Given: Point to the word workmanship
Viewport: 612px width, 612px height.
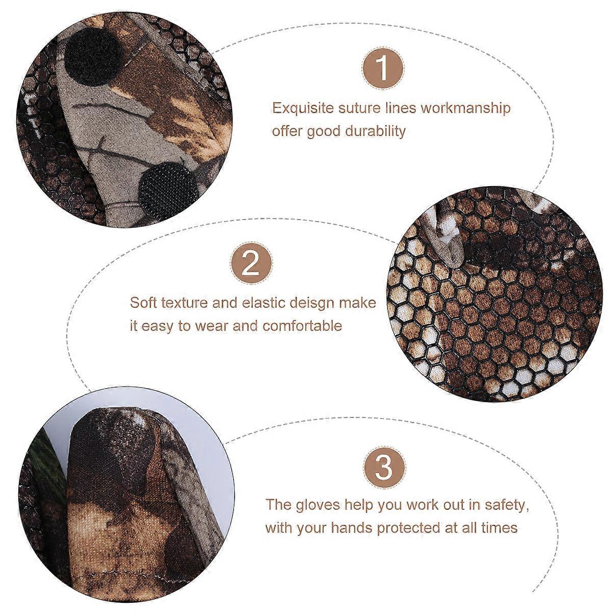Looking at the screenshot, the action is (x=466, y=108).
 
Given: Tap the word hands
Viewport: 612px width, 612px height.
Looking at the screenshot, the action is (x=351, y=528).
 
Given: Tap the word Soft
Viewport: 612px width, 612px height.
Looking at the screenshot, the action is (x=143, y=302).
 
